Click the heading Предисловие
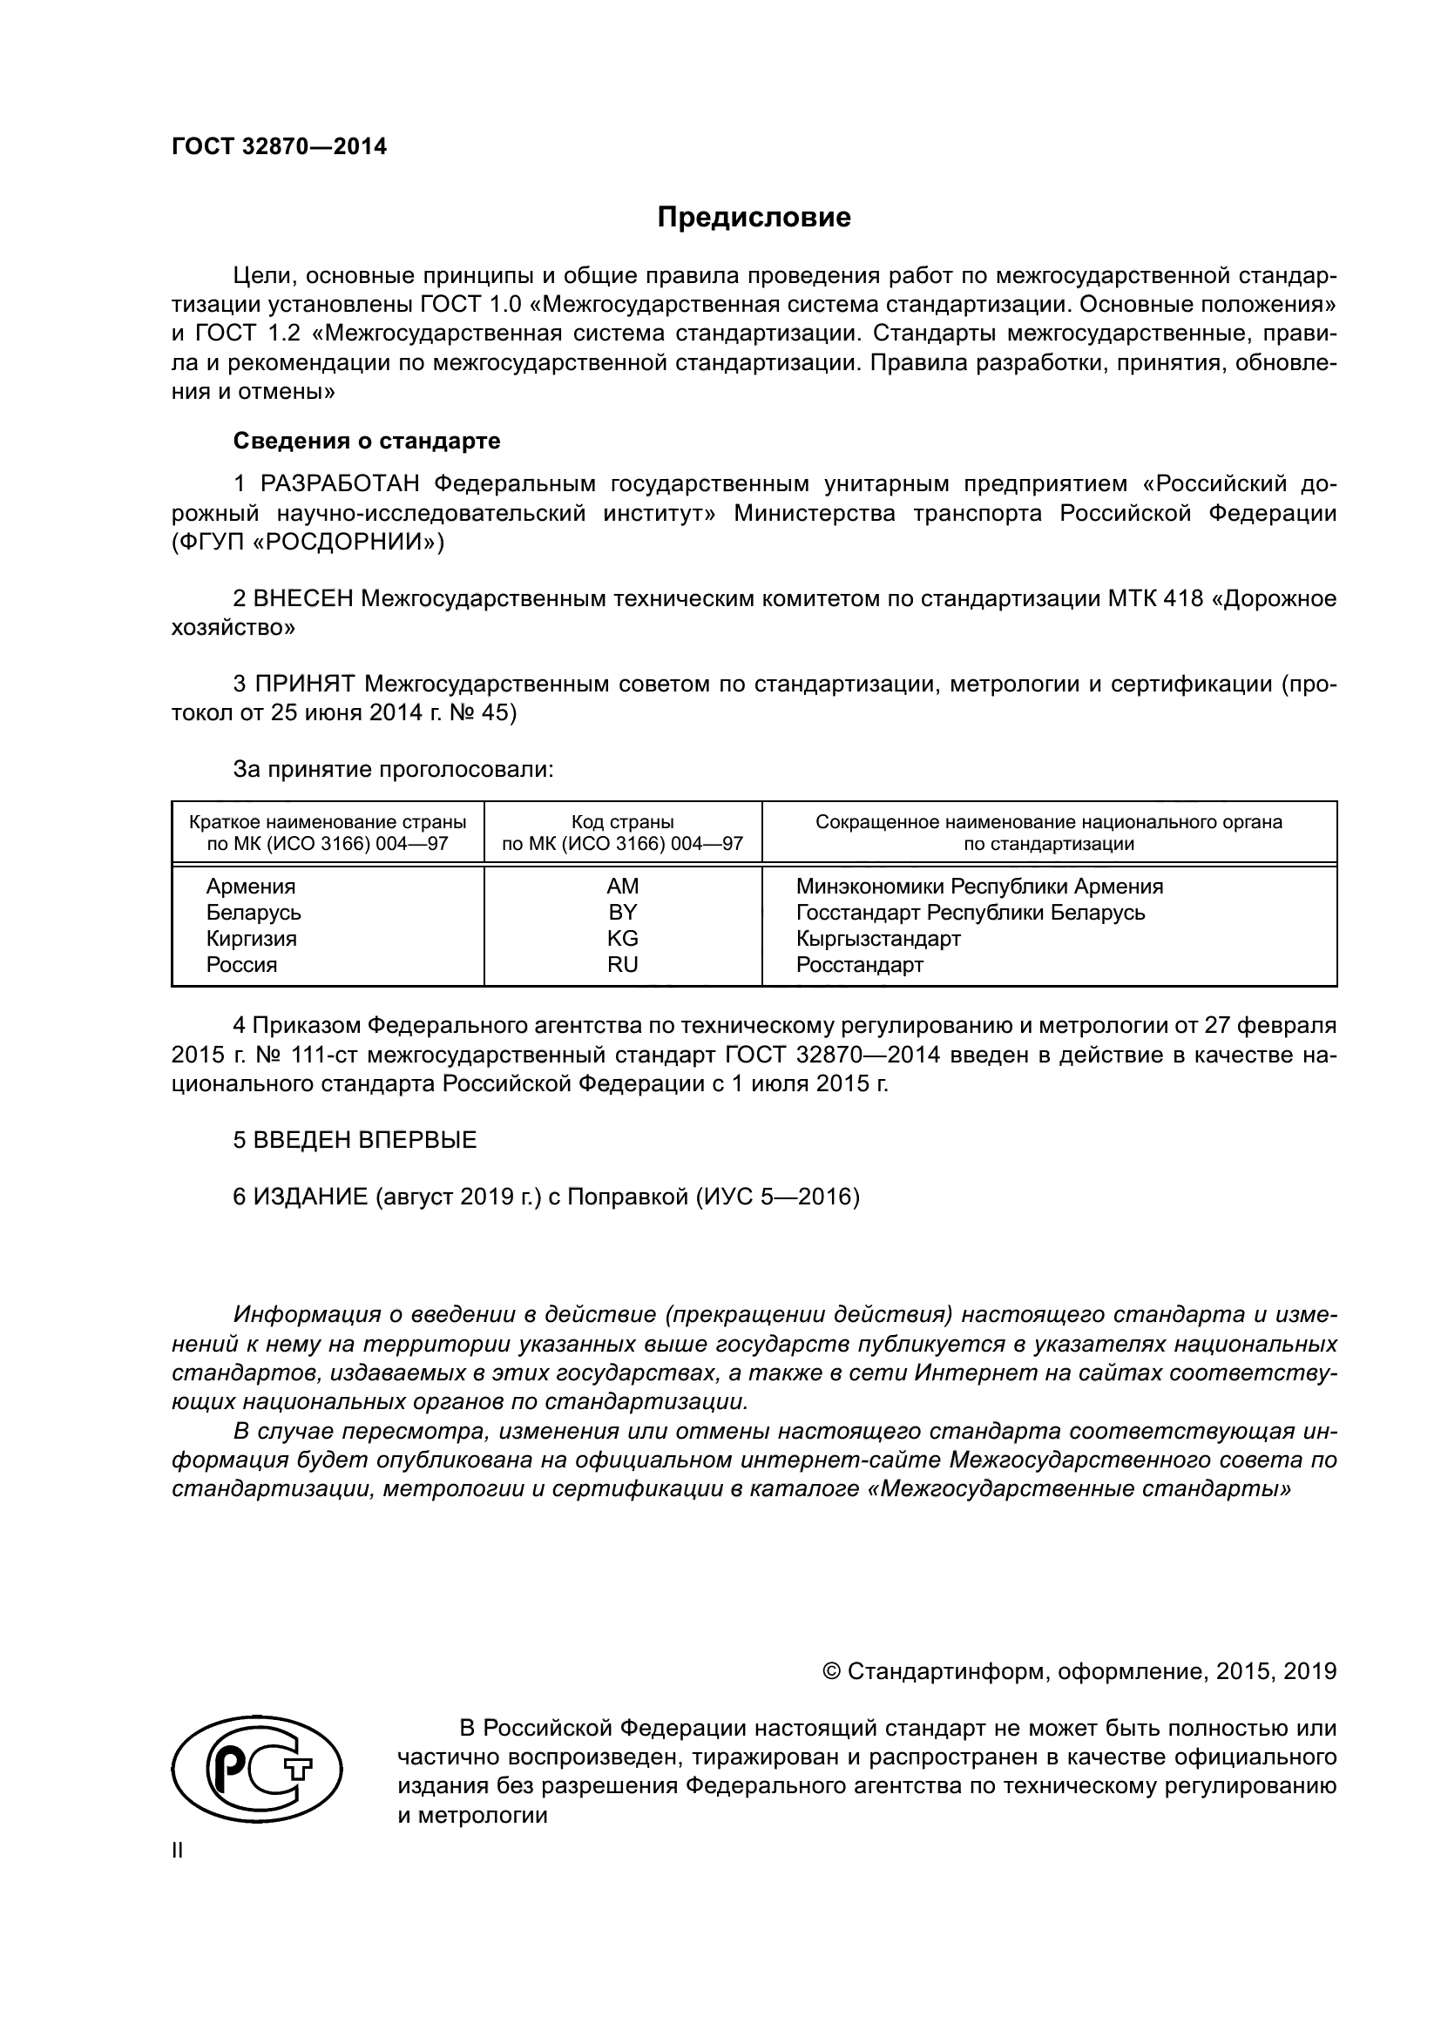754,218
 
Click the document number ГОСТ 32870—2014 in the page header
280,146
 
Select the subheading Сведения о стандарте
367,441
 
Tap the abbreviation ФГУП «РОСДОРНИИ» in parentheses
308,542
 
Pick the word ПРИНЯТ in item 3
305,684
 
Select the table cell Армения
251,887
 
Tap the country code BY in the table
622,912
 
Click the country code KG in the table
622,938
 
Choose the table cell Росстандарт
859,964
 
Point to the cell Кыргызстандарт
877,938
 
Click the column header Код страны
622,821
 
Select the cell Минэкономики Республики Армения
978,887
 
